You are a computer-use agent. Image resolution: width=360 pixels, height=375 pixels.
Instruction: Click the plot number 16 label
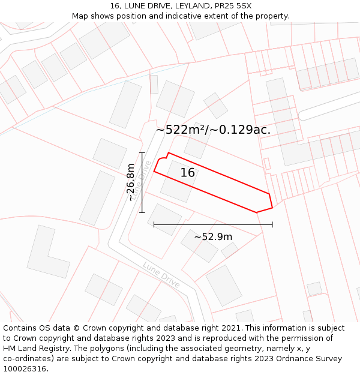188,173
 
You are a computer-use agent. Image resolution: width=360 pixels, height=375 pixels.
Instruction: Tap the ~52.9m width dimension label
213,237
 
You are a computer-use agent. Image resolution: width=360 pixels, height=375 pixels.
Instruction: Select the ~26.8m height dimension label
131,183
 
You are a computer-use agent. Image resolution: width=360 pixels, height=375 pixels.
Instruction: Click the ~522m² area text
181,130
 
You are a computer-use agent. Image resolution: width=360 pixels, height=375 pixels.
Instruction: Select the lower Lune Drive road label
161,275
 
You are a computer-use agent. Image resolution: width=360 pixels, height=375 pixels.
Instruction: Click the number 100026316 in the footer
26,369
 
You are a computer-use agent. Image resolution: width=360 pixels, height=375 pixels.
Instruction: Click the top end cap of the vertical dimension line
142,153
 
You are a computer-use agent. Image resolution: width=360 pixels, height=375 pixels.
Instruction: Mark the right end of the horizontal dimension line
272,224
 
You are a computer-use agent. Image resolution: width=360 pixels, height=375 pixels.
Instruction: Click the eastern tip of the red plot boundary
272,207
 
